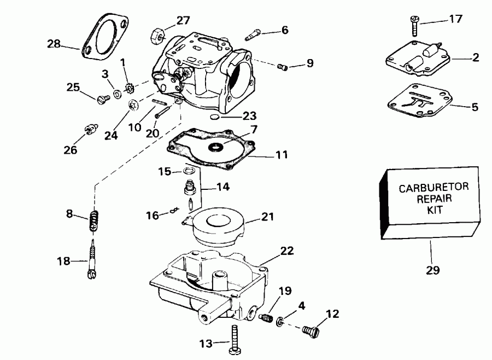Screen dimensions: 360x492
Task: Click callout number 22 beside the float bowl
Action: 286,251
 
